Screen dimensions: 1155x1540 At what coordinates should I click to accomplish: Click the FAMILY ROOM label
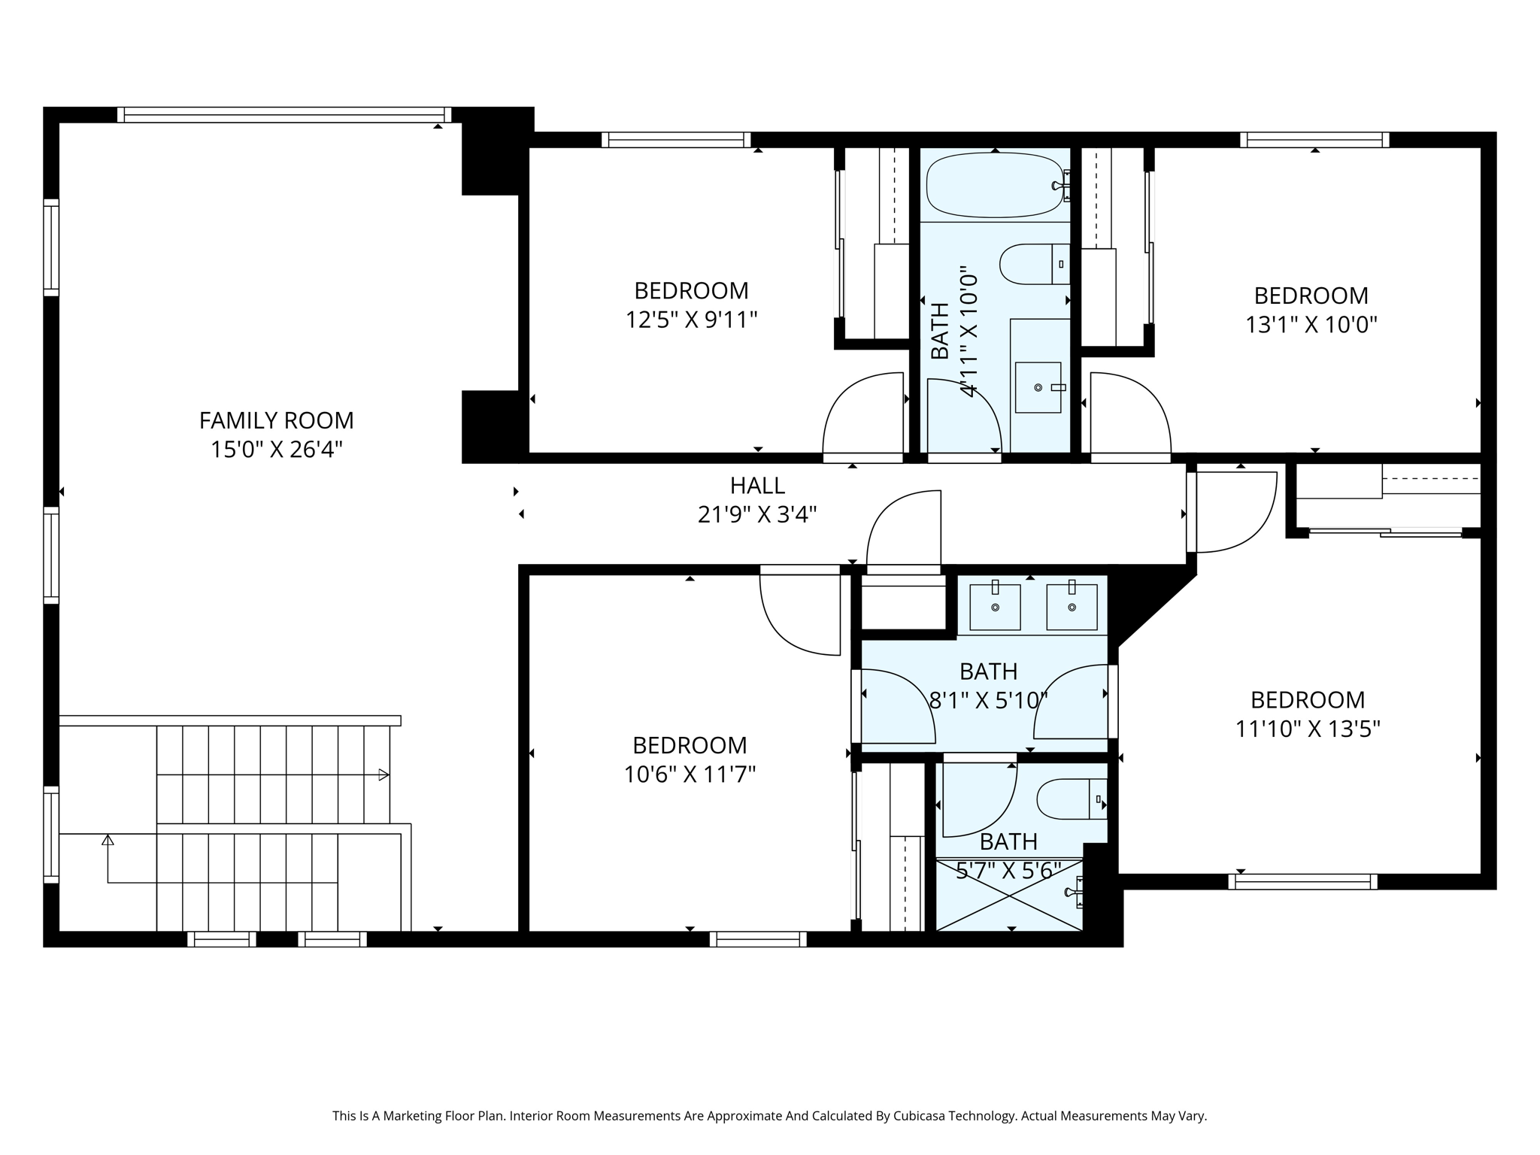click(x=276, y=420)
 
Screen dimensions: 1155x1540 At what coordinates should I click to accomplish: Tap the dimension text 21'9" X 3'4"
click(x=757, y=514)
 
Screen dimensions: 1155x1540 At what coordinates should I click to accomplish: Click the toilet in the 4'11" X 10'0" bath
click(x=1034, y=264)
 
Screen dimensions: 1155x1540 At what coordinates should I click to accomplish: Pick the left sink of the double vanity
click(x=995, y=606)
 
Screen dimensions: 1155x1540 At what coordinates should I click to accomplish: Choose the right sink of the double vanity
click(x=1072, y=606)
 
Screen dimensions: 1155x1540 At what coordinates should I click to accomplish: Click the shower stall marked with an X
click(x=1009, y=894)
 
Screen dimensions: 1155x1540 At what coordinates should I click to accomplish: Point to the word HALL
click(x=757, y=486)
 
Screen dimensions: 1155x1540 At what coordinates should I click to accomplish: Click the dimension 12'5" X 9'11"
click(x=691, y=320)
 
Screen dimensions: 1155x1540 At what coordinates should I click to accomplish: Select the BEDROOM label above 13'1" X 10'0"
click(x=1311, y=296)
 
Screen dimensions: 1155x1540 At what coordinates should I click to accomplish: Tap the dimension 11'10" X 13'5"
click(x=1308, y=729)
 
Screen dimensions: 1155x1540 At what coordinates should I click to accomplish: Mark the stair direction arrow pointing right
click(x=383, y=775)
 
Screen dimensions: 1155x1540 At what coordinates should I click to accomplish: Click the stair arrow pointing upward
click(x=108, y=840)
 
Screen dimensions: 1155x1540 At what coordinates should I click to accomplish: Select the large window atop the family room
click(x=284, y=114)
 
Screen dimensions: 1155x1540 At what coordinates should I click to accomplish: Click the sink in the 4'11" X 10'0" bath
click(x=1038, y=387)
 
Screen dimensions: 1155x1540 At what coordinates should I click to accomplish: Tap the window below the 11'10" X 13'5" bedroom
click(x=1302, y=882)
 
